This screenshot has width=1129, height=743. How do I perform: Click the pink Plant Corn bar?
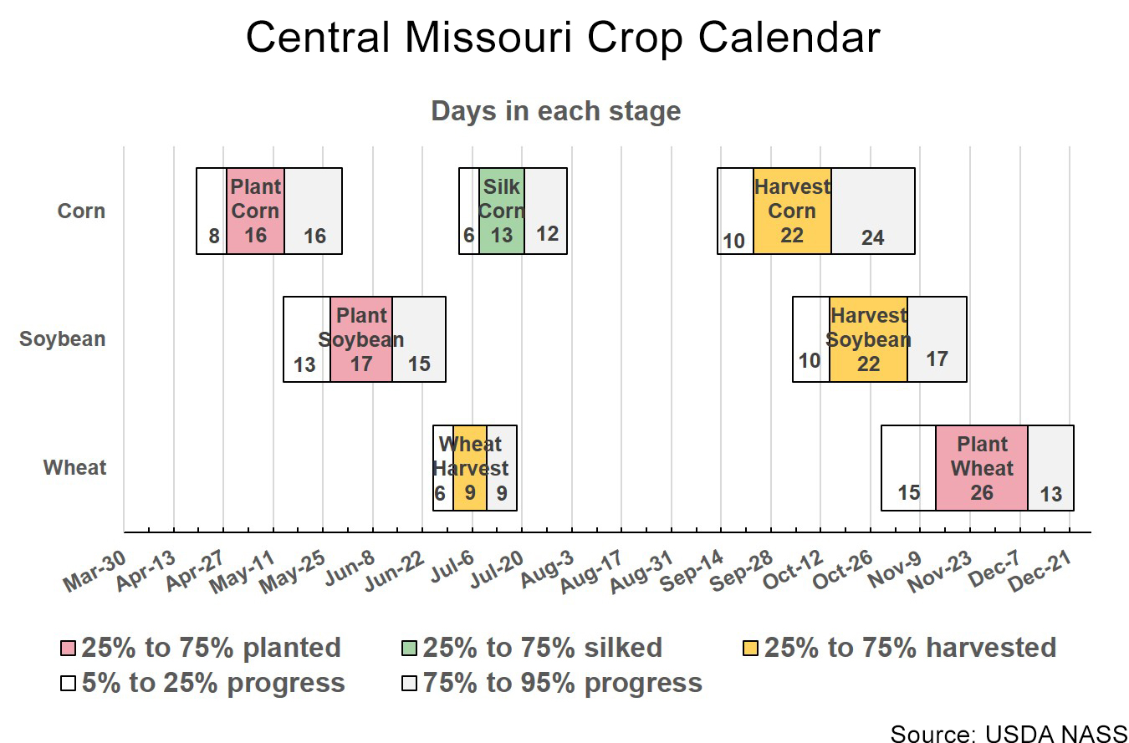pos(255,211)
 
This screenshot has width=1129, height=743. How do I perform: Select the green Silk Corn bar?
pos(502,211)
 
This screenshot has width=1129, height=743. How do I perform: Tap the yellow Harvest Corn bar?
pos(792,211)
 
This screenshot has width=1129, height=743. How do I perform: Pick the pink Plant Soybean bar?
pos(361,339)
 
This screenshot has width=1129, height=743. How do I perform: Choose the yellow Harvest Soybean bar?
pos(868,339)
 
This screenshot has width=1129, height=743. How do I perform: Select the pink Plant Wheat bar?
pos(982,468)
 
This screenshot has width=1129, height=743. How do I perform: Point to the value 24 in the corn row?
pos(872,238)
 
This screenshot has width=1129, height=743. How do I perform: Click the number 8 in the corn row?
pos(214,237)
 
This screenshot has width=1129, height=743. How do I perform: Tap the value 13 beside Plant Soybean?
pos(304,365)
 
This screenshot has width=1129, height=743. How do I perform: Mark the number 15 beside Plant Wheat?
pos(909,493)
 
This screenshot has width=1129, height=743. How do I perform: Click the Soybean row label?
pos(63,339)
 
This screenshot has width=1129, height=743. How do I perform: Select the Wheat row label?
pos(75,468)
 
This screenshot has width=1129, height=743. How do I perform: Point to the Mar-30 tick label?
pos(94,571)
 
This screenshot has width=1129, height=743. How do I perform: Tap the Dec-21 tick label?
pos(1040,571)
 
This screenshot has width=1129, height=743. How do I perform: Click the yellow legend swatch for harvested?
pos(751,649)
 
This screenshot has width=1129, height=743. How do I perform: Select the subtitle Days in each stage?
pos(555,111)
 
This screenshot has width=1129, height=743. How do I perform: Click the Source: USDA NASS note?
pos(1009,734)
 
